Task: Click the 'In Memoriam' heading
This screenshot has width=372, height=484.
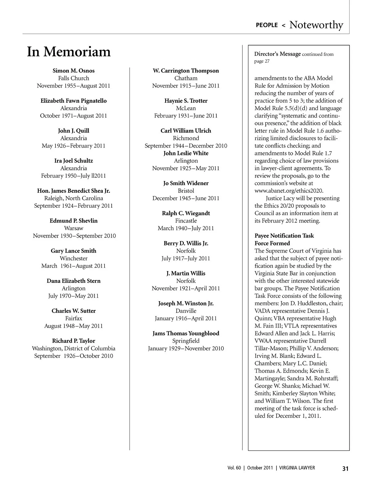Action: [x=69, y=52]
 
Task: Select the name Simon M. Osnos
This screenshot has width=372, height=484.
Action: [x=73, y=71]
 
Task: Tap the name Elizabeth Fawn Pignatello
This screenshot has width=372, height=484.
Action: [x=73, y=101]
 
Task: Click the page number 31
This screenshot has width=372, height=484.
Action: [x=345, y=469]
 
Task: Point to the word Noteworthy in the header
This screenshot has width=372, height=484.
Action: [x=316, y=25]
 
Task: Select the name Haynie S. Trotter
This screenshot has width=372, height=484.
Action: [x=186, y=101]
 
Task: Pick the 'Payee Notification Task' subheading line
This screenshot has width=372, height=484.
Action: [x=284, y=236]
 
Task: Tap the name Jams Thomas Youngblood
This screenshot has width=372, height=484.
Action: [x=186, y=334]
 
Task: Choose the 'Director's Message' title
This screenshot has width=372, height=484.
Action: [x=277, y=54]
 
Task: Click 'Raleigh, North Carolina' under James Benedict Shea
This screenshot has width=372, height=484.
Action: [x=73, y=198]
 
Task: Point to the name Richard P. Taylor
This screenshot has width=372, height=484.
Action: [x=73, y=341]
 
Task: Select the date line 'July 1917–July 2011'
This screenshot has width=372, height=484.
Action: [x=186, y=258]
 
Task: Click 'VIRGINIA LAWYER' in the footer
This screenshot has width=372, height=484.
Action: [x=297, y=468]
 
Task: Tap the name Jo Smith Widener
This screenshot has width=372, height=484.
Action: [x=186, y=183]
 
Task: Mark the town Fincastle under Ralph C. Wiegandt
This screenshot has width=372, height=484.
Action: [x=186, y=221]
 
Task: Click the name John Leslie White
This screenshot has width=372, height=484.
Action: [x=186, y=153]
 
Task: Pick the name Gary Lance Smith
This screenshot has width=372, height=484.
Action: [x=73, y=251]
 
